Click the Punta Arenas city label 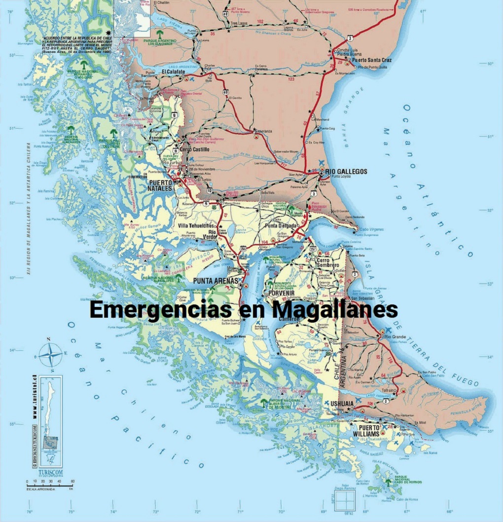coord(216,281)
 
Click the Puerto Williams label coord(369,431)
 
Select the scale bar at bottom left coord(49,485)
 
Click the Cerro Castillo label coord(194,149)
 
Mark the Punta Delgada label coord(281,226)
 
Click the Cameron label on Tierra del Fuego coord(289,319)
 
